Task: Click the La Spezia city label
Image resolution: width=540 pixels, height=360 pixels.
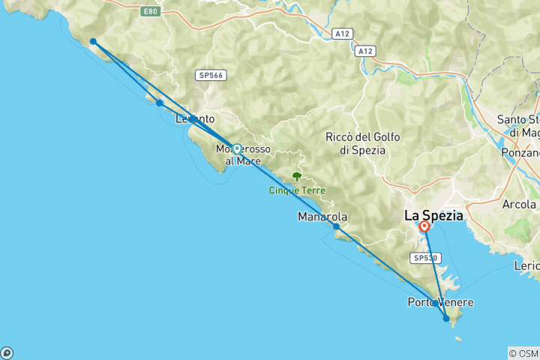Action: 433,215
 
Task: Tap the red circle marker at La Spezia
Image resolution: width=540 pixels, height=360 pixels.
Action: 424,226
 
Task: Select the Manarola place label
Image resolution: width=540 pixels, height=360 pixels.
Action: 322,217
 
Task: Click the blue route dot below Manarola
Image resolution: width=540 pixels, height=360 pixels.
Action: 336,226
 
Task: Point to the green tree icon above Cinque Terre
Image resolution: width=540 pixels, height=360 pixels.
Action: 297,177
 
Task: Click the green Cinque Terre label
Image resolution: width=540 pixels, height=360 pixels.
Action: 297,190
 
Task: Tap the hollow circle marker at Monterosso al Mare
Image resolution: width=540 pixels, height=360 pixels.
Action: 237,148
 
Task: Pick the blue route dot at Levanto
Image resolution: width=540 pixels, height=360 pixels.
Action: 193,119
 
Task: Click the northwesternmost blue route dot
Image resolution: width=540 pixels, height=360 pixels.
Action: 93,42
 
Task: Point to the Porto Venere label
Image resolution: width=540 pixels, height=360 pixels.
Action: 440,302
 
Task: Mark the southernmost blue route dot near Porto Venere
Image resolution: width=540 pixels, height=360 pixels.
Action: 446,319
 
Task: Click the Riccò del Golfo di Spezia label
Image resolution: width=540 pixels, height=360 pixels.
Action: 363,143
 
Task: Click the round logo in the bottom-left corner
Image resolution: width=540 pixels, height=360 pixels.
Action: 7,352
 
